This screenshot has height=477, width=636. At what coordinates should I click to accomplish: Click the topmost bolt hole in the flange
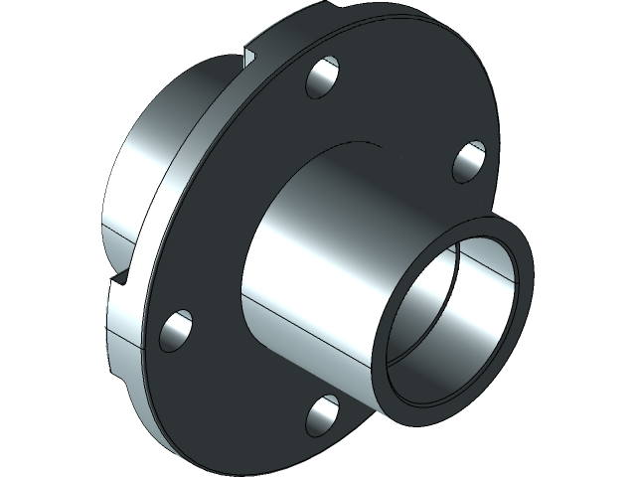323,79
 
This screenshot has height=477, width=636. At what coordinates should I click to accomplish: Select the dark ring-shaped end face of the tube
522,298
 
